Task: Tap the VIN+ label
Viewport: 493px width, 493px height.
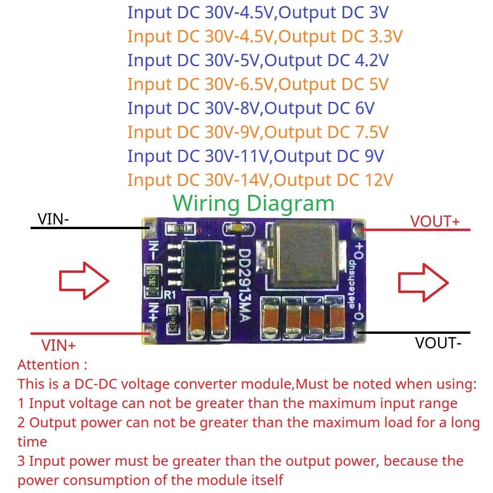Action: [59, 346]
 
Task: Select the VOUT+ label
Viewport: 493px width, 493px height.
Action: [435, 221]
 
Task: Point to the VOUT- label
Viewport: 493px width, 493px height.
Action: [438, 343]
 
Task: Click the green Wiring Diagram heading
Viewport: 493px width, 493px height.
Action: [253, 203]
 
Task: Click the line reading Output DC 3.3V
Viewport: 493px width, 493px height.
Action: [265, 36]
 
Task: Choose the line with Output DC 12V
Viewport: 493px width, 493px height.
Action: [260, 180]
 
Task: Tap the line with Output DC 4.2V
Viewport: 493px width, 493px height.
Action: [258, 60]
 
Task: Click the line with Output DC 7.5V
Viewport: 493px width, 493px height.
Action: [258, 132]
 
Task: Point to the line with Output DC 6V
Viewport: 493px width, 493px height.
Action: [251, 108]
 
